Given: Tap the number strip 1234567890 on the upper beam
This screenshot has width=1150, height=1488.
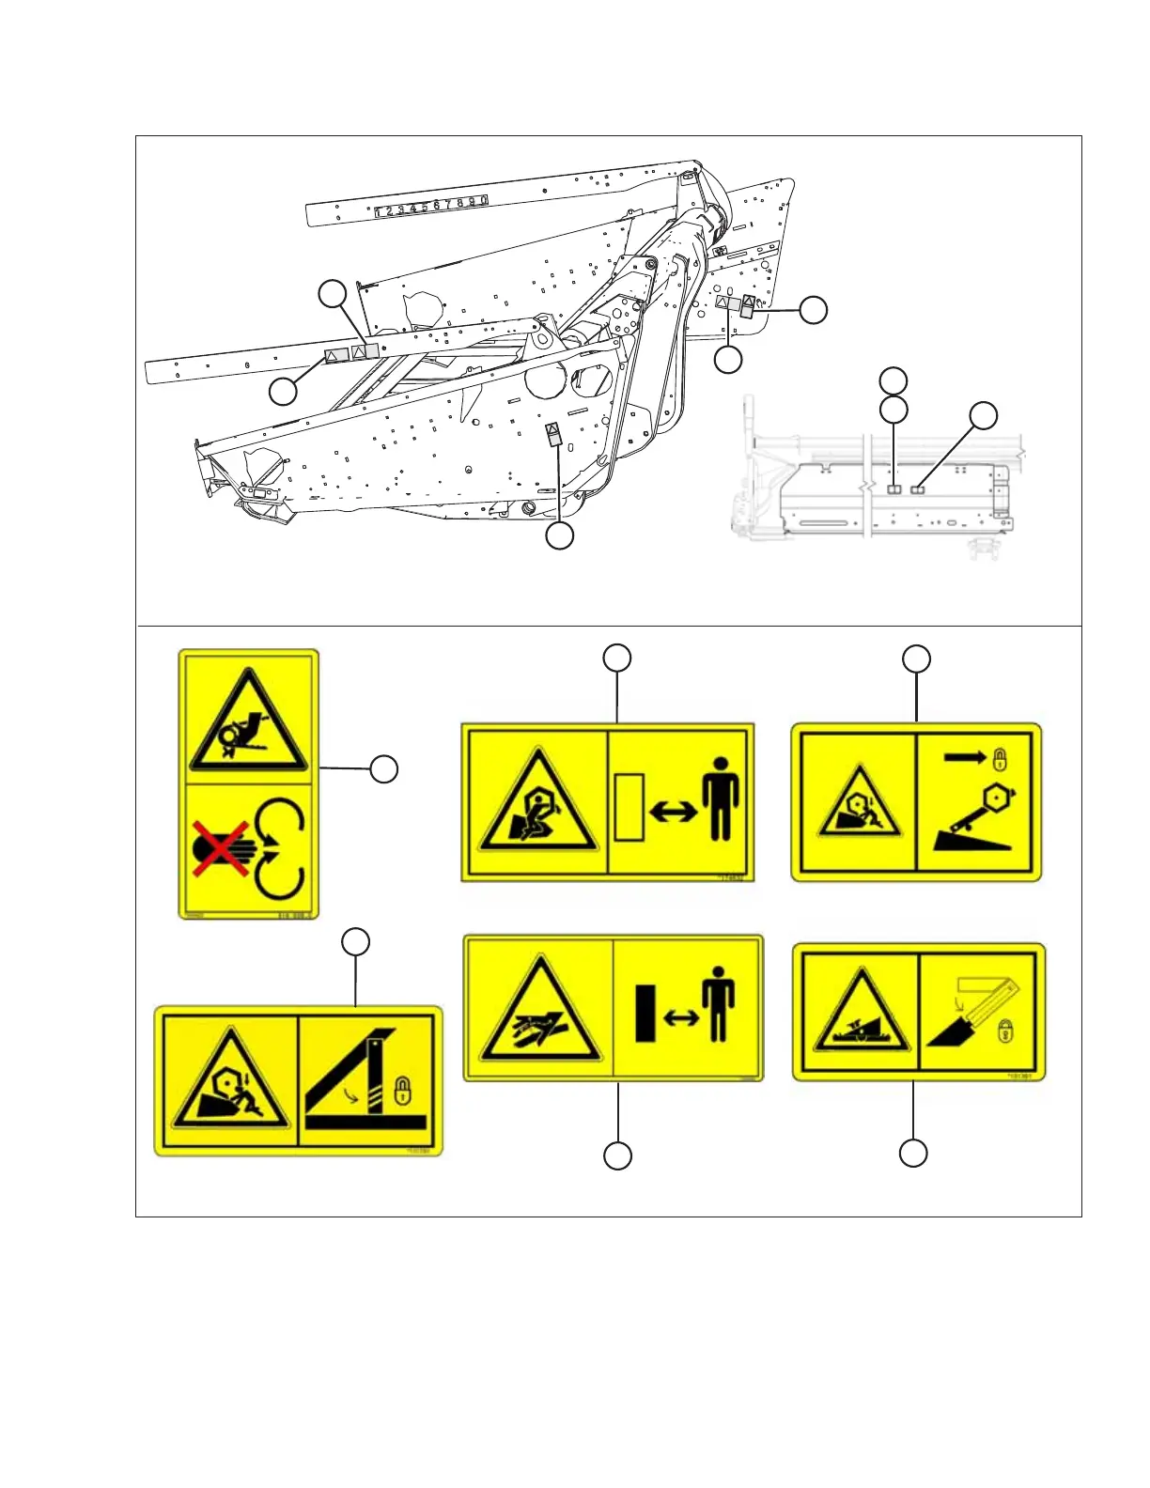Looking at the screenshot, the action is pyautogui.click(x=432, y=207).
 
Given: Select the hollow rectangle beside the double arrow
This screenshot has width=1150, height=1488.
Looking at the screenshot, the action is pyautogui.click(x=629, y=806).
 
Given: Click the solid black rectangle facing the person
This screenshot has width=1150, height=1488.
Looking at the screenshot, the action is pyautogui.click(x=645, y=1013).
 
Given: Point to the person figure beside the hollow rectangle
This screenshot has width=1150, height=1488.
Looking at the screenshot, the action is pyautogui.click(x=721, y=798).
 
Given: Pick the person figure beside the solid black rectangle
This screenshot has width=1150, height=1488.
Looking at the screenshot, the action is pyautogui.click(x=719, y=1004).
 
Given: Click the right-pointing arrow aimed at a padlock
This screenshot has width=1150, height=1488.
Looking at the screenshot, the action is pyautogui.click(x=965, y=756).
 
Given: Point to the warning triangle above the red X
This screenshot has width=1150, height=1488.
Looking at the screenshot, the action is pyautogui.click(x=248, y=721).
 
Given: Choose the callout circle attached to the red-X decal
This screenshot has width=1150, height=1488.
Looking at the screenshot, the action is pyautogui.click(x=383, y=769).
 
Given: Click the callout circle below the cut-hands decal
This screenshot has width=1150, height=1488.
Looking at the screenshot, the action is pyautogui.click(x=617, y=1155).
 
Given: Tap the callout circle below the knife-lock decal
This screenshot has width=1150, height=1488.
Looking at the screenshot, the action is pyautogui.click(x=913, y=1154).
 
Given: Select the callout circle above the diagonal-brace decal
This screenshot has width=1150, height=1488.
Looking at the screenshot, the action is pyautogui.click(x=355, y=942).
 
